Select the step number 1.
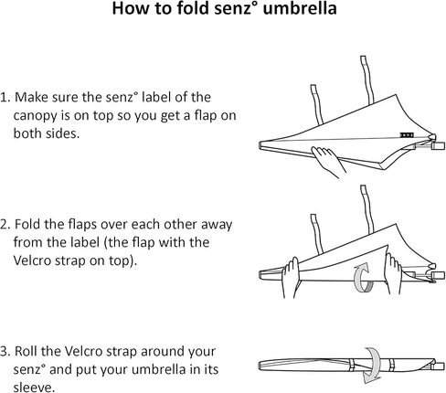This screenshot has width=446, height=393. (5, 97)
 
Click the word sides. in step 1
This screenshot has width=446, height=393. (62, 133)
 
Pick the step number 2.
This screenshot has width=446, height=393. (5, 224)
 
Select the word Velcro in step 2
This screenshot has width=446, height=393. (32, 260)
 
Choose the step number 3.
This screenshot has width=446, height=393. (5, 351)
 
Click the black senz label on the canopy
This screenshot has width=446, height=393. (407, 134)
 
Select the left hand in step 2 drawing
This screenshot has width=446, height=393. (291, 277)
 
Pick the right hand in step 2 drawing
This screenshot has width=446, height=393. (393, 273)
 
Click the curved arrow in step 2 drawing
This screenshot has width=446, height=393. (364, 280)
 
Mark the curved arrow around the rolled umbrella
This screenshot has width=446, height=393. (373, 366)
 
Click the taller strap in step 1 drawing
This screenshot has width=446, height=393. (366, 80)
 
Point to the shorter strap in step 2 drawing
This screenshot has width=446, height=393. (317, 234)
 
